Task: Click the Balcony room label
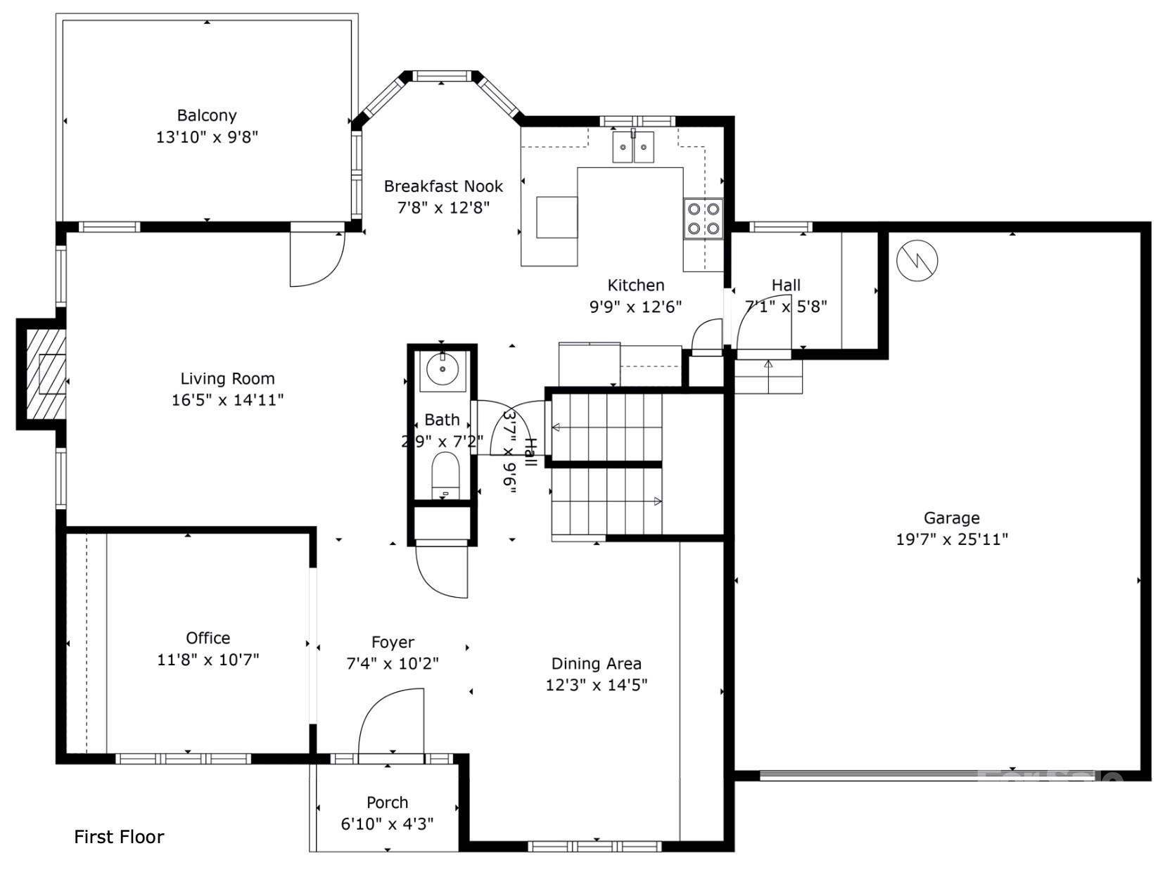click(206, 115)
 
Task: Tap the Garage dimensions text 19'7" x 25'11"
click(951, 539)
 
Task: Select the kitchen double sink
click(632, 148)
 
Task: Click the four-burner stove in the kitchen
click(704, 219)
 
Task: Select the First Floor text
click(119, 836)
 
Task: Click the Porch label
click(387, 802)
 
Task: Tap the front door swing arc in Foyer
click(391, 721)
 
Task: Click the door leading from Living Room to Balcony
click(317, 258)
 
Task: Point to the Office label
click(208, 638)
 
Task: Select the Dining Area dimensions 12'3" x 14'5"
click(596, 684)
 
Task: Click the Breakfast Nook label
click(443, 186)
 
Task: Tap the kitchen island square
click(556, 217)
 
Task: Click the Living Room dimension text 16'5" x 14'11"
click(227, 400)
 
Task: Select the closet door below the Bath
click(442, 571)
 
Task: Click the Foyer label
click(393, 642)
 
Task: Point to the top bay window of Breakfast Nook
click(441, 76)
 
